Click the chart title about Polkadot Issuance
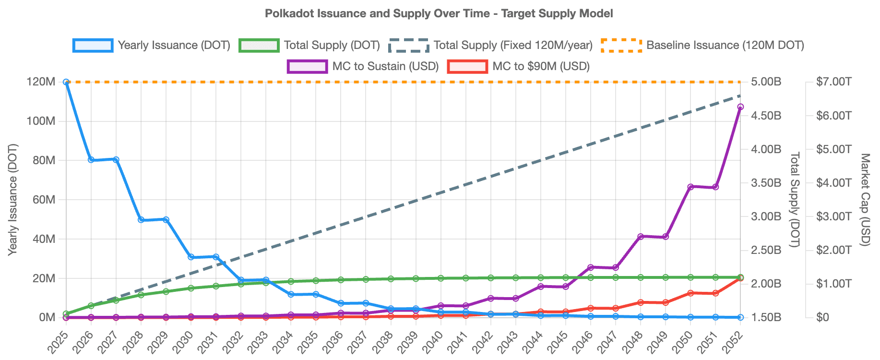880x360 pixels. [x=439, y=13]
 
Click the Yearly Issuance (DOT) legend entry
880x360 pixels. [x=152, y=45]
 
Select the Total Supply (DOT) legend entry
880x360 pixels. [x=309, y=45]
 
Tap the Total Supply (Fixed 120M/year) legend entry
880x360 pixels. [x=490, y=45]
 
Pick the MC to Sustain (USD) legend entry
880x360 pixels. [x=363, y=66]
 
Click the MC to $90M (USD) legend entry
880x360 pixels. [x=519, y=66]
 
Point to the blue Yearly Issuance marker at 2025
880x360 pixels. [x=66, y=82]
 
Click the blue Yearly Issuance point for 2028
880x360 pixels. [x=141, y=220]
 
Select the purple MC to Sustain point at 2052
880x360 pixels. [x=740, y=107]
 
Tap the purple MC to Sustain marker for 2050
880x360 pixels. [x=690, y=187]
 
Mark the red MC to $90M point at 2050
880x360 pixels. [x=690, y=293]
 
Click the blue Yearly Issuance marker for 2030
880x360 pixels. [x=191, y=257]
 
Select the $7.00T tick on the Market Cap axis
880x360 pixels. [x=833, y=82]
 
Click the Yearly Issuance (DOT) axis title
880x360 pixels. [x=13, y=199]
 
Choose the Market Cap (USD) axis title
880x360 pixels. [x=865, y=199]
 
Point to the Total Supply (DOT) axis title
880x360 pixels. [x=795, y=199]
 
